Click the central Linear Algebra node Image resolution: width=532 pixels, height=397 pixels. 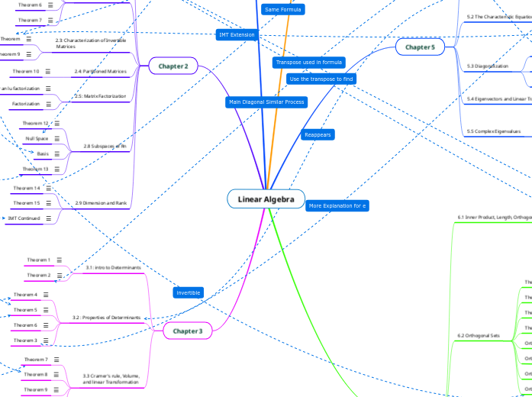tap(266, 199)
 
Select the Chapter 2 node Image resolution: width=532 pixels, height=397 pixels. tap(173, 66)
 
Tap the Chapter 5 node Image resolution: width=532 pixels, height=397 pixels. tap(420, 47)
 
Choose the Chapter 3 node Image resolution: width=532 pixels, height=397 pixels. tap(188, 331)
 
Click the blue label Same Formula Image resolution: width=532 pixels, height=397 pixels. tap(282, 10)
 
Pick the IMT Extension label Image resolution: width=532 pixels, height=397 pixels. tap(237, 34)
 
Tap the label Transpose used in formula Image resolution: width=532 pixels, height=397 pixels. tap(309, 62)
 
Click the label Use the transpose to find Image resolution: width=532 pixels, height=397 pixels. tap(321, 79)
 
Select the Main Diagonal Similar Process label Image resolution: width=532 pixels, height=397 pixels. tap(266, 102)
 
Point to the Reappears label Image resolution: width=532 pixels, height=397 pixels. tap(318, 134)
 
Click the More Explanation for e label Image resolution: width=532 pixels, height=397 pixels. tap(337, 205)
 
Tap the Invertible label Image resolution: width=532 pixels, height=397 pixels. tap(189, 293)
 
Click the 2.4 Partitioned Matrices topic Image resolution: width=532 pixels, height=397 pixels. tap(100, 71)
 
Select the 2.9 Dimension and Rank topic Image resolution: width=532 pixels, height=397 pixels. tap(101, 203)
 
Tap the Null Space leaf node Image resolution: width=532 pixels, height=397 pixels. tap(37, 138)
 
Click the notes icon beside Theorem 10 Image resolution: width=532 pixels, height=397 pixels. tap(48, 71)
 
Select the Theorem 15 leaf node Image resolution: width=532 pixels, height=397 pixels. tap(27, 203)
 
